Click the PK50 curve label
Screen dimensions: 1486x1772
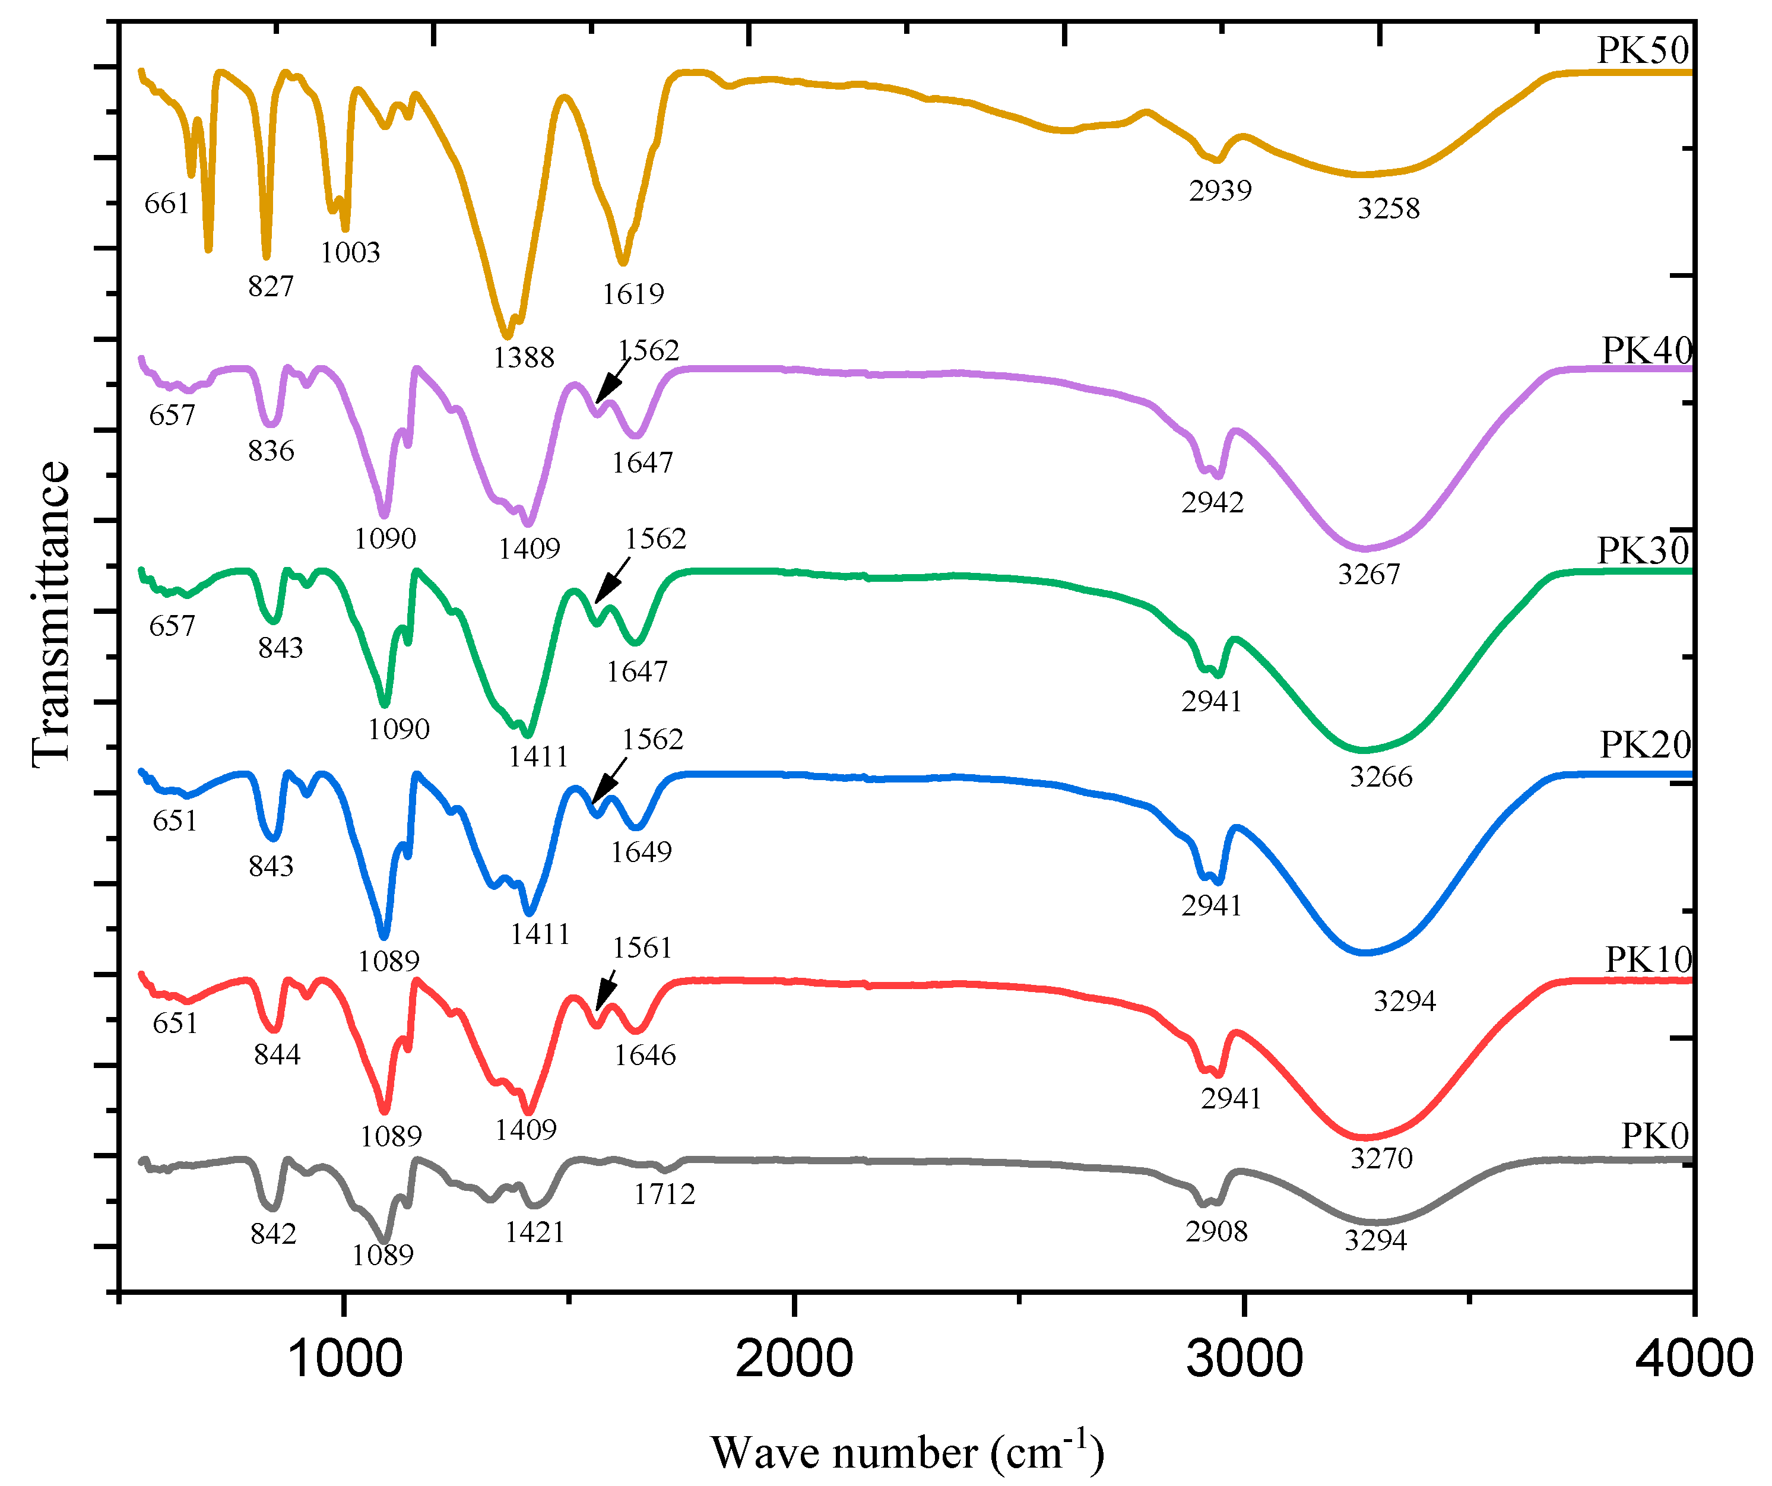pos(1642,50)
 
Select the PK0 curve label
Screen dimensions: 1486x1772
pos(1654,1137)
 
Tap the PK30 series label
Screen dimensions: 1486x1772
pos(1642,551)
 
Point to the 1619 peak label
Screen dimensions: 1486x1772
pos(633,294)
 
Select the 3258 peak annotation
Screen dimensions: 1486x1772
pos(1388,208)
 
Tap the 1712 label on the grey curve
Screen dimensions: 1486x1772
pos(664,1194)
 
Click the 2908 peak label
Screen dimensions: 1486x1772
pos(1216,1232)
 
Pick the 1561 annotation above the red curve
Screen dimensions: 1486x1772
pos(642,948)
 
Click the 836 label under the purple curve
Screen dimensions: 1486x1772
pos(271,451)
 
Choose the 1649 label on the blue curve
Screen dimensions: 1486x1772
pos(641,853)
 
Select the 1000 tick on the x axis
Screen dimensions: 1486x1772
pos(344,1360)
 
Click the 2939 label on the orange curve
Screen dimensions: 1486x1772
pos(1220,191)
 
